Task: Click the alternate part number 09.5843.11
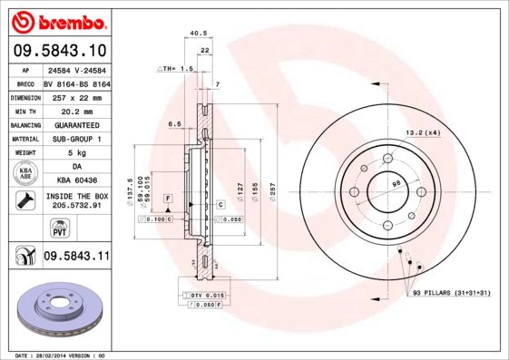(x=76, y=257)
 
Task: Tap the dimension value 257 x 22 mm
(x=76, y=96)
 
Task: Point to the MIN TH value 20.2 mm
(x=76, y=110)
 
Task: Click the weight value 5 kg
(x=76, y=152)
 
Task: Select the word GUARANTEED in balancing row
(x=76, y=124)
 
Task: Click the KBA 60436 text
(x=76, y=180)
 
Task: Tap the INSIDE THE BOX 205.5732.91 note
(x=76, y=201)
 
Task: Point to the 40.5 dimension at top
(x=195, y=34)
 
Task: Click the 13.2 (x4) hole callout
(x=422, y=132)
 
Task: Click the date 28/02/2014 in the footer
(x=63, y=355)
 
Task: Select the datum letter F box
(x=168, y=197)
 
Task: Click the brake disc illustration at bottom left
(x=57, y=311)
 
